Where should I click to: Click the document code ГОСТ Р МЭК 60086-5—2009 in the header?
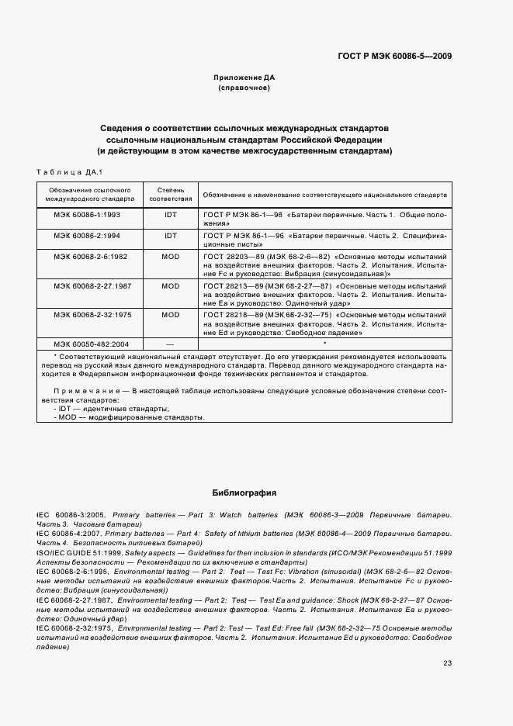[395, 56]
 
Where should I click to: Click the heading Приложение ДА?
[244, 78]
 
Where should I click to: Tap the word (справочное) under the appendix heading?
[244, 88]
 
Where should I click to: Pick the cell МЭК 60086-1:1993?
[87, 214]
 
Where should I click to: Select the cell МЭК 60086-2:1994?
[87, 233]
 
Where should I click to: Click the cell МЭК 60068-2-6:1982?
[91, 255]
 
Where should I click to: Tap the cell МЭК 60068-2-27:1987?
[92, 286]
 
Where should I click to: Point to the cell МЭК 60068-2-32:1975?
[92, 316]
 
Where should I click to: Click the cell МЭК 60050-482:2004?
[92, 343]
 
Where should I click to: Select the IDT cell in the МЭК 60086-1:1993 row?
[170, 214]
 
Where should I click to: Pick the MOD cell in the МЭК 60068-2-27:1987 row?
[170, 286]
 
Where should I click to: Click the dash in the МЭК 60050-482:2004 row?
[170, 343]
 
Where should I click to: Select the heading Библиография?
[244, 493]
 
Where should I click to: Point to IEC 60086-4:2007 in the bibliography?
[71, 534]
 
